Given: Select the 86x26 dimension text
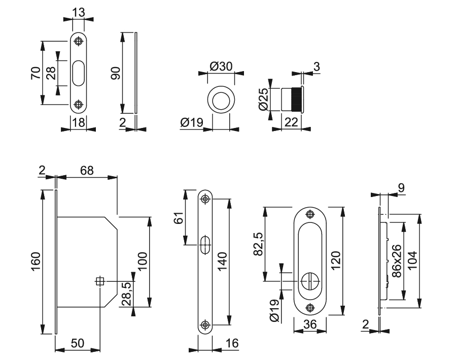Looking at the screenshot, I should tap(397, 262).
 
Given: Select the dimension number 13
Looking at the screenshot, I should tap(78, 11).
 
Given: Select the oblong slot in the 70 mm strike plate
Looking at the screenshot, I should tap(78, 73).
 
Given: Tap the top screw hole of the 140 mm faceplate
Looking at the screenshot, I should tap(205, 199).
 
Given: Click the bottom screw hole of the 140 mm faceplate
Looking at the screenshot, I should tap(205, 324).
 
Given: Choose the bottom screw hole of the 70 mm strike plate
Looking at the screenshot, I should tap(78, 104).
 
